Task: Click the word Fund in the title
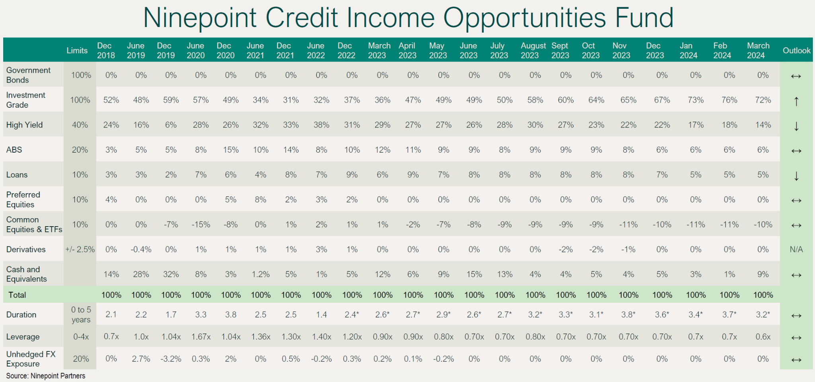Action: coord(644,18)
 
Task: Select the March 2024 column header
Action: coord(758,50)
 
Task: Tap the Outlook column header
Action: coord(796,50)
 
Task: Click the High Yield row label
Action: coord(24,125)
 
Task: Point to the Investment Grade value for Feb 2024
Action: coord(729,100)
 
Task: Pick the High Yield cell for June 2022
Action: coord(321,125)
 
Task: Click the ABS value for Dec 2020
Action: coord(231,150)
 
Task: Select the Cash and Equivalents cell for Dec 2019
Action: coord(171,274)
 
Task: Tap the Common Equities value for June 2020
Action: coord(201,225)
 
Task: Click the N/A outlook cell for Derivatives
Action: coord(796,250)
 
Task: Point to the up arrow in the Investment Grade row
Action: coord(796,101)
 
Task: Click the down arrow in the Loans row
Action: coord(796,176)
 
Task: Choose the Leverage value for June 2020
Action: coord(201,337)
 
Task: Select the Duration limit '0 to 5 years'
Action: coord(81,314)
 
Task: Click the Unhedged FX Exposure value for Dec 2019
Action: coord(171,359)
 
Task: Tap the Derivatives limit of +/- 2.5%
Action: coord(80,250)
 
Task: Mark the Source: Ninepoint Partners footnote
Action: coord(46,376)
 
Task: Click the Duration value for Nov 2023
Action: coord(628,314)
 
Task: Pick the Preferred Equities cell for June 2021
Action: coord(261,200)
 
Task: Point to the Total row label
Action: coord(17,295)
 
